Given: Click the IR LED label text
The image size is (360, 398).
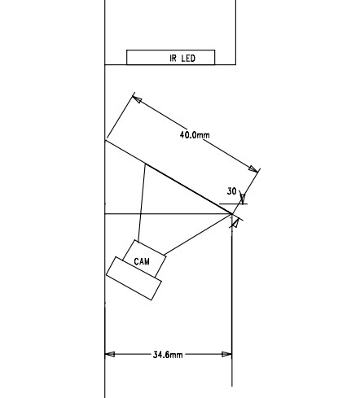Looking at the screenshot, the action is [x=182, y=59].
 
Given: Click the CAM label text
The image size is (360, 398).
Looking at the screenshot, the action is [x=142, y=261].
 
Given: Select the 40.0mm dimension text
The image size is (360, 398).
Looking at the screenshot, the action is [x=195, y=135].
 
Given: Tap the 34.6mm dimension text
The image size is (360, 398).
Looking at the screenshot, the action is [x=168, y=355].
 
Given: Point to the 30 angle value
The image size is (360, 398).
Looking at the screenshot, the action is [x=231, y=191].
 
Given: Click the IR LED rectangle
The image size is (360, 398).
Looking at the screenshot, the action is [x=171, y=57].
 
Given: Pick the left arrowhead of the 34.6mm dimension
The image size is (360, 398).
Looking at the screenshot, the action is [x=110, y=354].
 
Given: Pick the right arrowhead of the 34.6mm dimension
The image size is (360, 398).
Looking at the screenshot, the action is [x=227, y=354].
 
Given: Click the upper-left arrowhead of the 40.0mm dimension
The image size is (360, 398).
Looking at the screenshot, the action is [x=137, y=99].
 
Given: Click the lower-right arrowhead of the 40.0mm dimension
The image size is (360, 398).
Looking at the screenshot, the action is [x=253, y=168].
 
